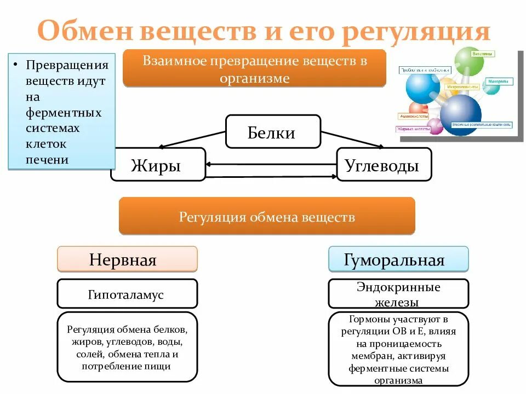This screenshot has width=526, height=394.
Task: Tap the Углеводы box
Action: (x=384, y=165)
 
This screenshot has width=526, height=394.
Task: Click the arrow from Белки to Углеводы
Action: (x=351, y=140)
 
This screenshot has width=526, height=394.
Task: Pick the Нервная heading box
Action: (x=127, y=259)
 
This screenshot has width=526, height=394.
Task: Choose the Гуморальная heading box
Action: (x=398, y=259)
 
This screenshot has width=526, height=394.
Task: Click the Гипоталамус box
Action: (x=127, y=294)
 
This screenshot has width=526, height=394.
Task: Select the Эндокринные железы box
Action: (x=398, y=294)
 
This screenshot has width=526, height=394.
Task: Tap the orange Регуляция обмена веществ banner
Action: (x=267, y=217)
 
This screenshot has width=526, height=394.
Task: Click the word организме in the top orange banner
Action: (x=254, y=78)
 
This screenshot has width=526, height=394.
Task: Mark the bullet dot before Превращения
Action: (x=17, y=65)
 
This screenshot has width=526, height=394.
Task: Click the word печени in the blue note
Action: (x=48, y=159)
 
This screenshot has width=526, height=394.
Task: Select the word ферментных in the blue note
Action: (x=64, y=112)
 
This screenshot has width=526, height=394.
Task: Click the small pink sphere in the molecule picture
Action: (x=435, y=126)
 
